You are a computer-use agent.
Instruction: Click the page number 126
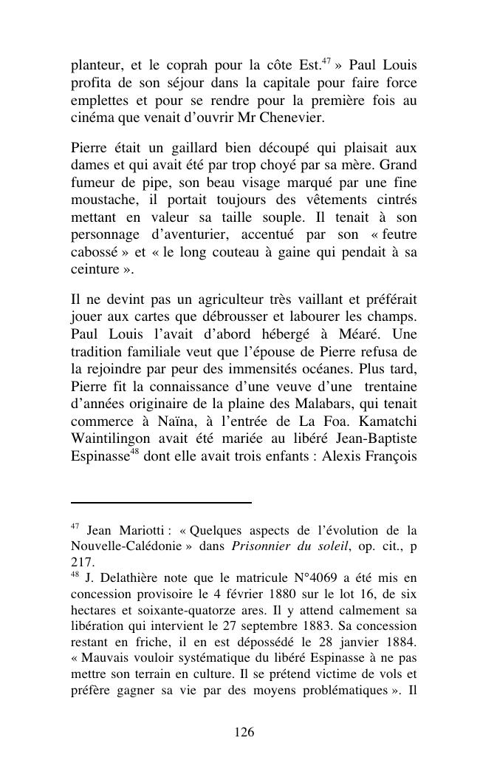244,732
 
